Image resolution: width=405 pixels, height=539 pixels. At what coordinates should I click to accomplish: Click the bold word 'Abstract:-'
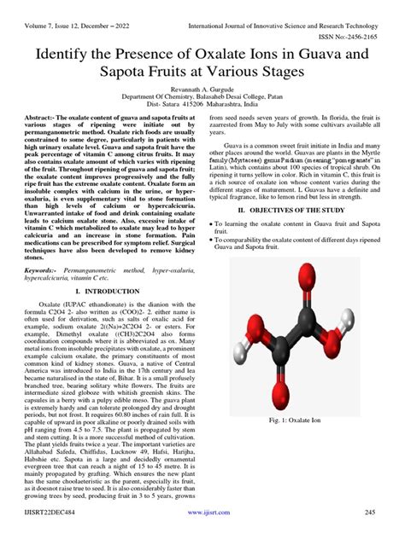pos(44,116)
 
